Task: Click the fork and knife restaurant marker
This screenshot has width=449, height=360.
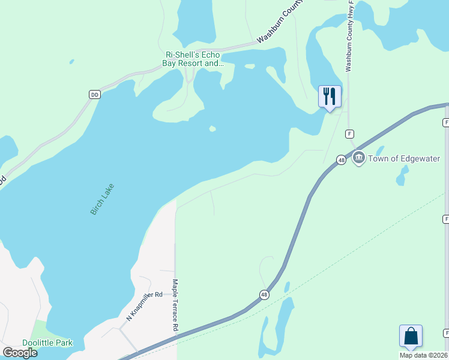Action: click(x=330, y=97)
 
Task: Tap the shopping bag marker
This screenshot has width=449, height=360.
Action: click(x=411, y=335)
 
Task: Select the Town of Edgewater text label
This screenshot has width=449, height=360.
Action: click(x=404, y=158)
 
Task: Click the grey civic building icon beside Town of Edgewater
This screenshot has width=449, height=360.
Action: click(x=359, y=158)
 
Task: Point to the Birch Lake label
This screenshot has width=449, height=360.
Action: click(x=102, y=200)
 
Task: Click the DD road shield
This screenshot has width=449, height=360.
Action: click(x=94, y=94)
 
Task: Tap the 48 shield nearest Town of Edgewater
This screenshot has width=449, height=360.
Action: click(x=341, y=160)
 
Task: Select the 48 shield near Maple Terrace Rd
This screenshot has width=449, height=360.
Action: click(x=264, y=294)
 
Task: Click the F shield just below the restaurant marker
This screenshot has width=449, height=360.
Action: click(x=349, y=133)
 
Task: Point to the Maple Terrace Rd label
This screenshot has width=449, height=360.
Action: click(x=175, y=305)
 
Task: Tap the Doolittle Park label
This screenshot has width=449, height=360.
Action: click(x=47, y=343)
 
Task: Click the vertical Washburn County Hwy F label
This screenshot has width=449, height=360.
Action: click(x=348, y=36)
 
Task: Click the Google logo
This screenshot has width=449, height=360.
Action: click(x=20, y=352)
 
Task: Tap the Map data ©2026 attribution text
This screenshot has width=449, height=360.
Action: click(x=424, y=355)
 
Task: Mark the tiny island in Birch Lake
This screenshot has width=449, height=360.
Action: click(x=212, y=128)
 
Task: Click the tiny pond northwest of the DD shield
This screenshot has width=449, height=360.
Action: click(x=71, y=61)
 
